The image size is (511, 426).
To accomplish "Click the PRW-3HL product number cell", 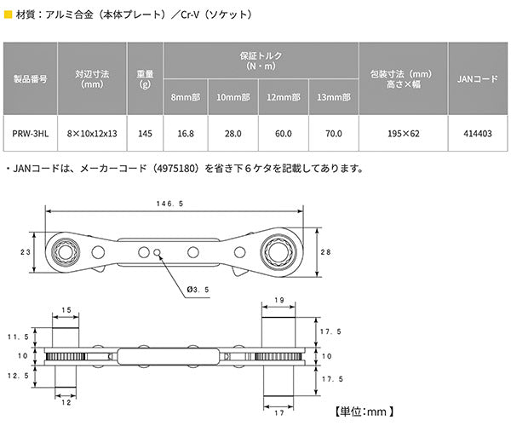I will pyautogui.click(x=31, y=134).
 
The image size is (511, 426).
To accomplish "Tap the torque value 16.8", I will pyautogui.click(x=187, y=134).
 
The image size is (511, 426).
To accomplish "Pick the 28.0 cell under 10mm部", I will pyautogui.click(x=234, y=134).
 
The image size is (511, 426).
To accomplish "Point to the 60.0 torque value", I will pyautogui.click(x=283, y=134).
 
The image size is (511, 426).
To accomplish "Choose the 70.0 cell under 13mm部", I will pyautogui.click(x=333, y=134).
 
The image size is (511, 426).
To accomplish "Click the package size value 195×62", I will pyautogui.click(x=402, y=134).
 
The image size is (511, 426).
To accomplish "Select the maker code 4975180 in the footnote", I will pyautogui.click(x=175, y=168).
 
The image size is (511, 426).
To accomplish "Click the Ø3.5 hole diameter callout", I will pyautogui.click(x=198, y=290).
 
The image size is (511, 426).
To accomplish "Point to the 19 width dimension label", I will pyautogui.click(x=278, y=301).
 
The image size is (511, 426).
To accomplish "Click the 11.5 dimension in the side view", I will pyautogui.click(x=14, y=337).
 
